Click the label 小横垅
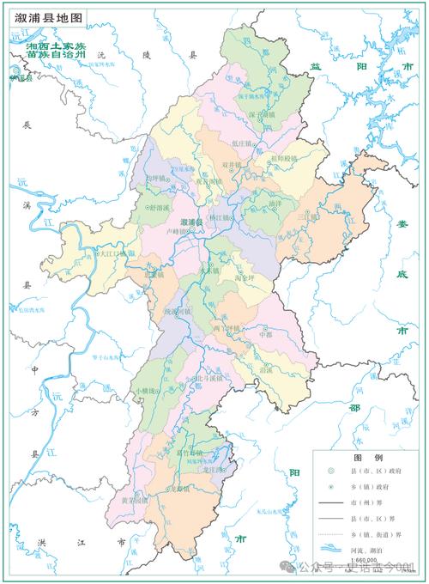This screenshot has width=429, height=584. coord(148,391)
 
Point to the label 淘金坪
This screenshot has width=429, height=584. coord(245,279)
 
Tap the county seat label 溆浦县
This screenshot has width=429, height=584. coord(190,222)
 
